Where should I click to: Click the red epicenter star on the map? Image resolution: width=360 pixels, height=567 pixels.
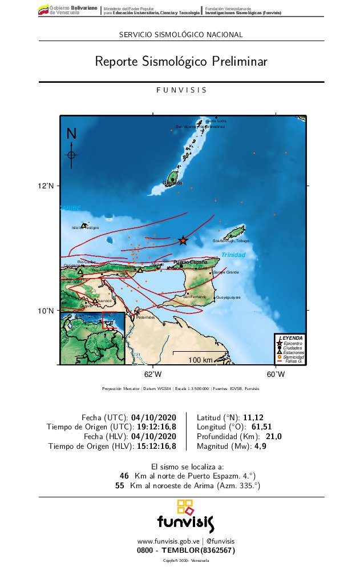tap(183, 240)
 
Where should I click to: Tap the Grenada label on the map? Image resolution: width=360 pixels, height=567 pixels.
tap(172, 183)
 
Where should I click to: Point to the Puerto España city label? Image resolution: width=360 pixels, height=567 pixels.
tap(191, 262)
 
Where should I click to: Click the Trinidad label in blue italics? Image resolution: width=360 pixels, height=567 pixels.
tap(233, 255)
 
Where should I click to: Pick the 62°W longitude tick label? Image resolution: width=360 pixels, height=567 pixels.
tap(153, 375)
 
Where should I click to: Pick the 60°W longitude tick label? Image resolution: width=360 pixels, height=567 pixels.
tap(276, 375)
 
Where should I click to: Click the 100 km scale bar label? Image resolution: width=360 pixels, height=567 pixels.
tap(200, 360)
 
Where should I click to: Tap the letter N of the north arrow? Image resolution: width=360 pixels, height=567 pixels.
tap(71, 134)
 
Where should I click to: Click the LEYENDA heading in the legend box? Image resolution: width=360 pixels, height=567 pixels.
tap(291, 338)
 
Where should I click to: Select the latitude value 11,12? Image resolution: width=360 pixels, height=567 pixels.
tap(253, 417)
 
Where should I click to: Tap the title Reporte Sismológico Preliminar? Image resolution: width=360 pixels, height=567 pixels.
tap(181, 61)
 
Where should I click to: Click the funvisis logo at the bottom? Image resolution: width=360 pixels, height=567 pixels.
tap(185, 516)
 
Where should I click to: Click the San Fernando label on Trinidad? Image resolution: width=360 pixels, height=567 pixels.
tap(195, 296)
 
